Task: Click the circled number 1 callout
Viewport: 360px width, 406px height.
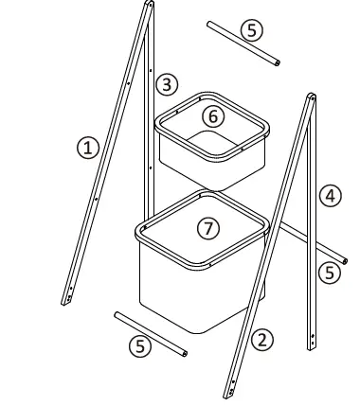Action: (x=87, y=147)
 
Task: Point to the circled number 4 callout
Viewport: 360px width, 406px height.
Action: (x=329, y=196)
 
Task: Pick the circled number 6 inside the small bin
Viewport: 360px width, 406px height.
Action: (x=214, y=115)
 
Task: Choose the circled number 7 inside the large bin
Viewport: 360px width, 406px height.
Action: (x=205, y=229)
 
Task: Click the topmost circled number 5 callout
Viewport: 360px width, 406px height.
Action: (x=249, y=29)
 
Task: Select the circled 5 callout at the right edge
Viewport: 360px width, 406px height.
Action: (x=329, y=274)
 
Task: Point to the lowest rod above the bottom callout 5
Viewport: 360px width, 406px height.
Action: (x=150, y=332)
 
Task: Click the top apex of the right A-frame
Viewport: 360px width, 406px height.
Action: (x=311, y=97)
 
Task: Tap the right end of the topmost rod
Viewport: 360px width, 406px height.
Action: (x=279, y=63)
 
